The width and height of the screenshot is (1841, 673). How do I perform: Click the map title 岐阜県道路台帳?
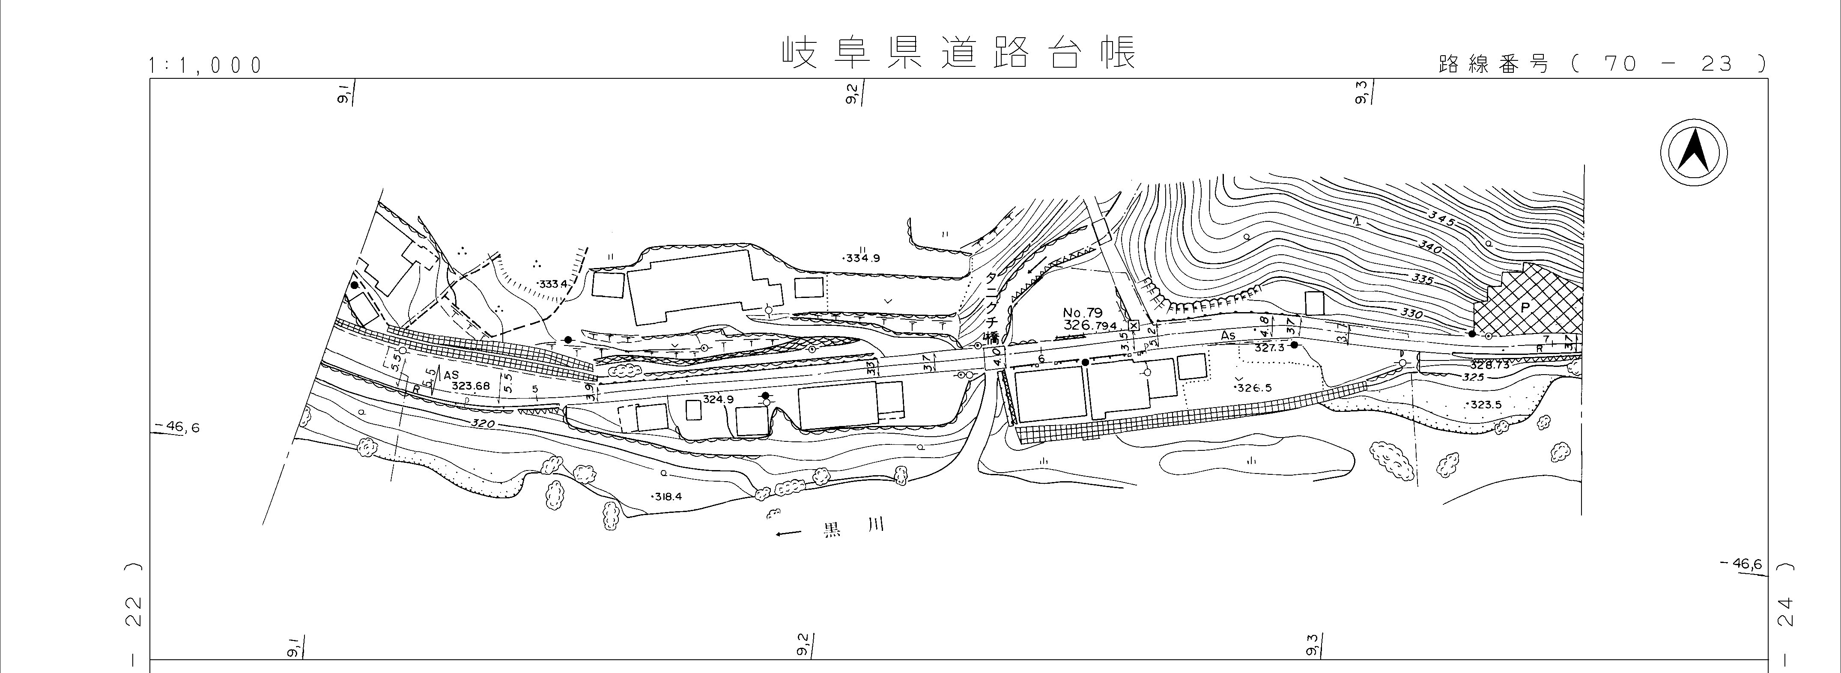(x=958, y=54)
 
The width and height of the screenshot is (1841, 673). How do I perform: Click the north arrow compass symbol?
(x=1693, y=154)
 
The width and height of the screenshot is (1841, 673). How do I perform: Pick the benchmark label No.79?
(x=1083, y=312)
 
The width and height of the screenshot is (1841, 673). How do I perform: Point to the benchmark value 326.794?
(x=1089, y=326)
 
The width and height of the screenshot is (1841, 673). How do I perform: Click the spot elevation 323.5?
(x=1485, y=405)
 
